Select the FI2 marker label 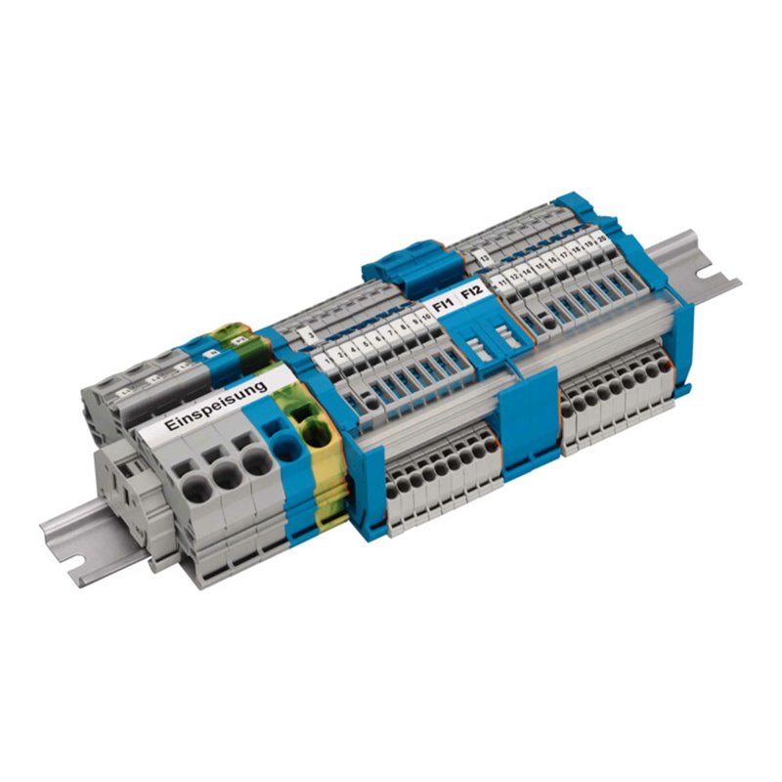pyautogui.click(x=471, y=291)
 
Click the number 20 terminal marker pyautogui.click(x=599, y=236)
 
